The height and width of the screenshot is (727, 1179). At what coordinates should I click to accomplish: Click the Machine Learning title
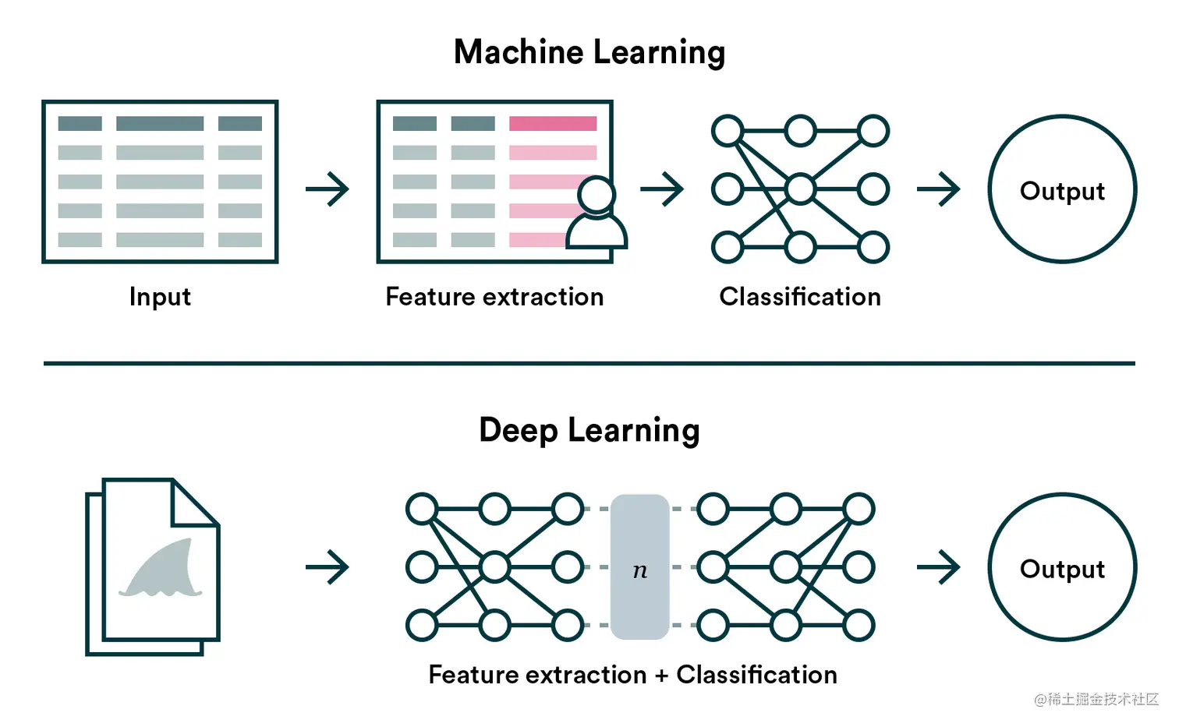589,53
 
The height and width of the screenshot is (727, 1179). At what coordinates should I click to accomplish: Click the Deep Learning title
589,430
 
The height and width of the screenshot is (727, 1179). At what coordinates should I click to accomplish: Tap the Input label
160,297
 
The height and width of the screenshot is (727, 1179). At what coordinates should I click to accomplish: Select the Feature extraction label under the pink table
494,297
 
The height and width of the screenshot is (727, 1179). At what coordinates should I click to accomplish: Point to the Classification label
800,297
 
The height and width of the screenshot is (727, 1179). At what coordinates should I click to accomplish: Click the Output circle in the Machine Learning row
1062,189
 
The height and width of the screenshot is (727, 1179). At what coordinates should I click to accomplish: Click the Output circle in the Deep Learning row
1062,567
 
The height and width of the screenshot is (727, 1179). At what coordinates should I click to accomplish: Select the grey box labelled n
640,567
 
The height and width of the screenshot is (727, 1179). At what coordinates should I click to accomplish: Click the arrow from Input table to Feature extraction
327,189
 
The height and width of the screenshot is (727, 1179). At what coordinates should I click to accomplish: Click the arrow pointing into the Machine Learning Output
939,189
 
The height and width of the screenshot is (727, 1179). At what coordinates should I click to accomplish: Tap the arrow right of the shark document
327,567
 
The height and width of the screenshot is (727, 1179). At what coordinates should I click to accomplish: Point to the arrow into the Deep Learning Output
939,567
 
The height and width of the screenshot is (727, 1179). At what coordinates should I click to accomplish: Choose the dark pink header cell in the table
553,123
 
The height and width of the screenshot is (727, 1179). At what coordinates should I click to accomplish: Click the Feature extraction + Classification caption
632,675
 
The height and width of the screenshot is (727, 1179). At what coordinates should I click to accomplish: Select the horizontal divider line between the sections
589,363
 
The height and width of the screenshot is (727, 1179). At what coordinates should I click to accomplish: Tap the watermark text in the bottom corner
1096,699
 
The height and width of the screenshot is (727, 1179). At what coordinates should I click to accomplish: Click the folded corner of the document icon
193,503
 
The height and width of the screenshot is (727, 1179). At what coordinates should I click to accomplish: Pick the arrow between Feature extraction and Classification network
662,189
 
